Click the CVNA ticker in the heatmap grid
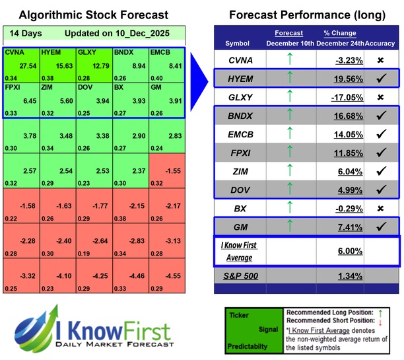(14, 52)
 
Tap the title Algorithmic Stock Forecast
(93, 15)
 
